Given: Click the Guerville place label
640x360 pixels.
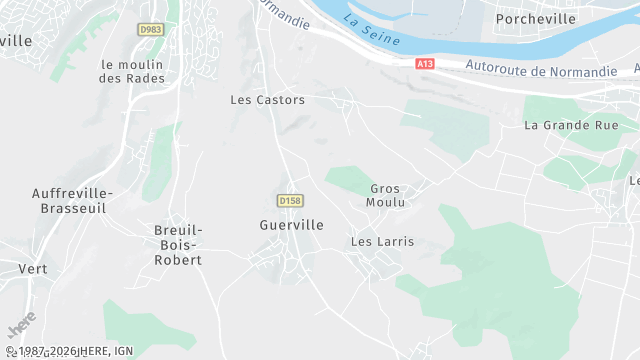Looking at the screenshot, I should click(291, 225).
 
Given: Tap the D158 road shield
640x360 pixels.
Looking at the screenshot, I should click(290, 201).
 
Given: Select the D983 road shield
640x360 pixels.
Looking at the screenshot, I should click(150, 30).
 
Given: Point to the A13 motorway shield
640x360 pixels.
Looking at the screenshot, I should click(425, 64).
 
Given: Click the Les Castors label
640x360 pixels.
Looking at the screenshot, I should click(267, 100).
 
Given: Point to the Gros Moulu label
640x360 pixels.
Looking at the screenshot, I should click(386, 195).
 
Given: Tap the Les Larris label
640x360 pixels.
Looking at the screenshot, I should click(382, 242).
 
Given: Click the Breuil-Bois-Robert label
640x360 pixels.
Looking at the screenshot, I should click(178, 245).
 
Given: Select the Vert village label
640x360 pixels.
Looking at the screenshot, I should click(33, 269).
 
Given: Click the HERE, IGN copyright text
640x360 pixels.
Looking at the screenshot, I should click(69, 351).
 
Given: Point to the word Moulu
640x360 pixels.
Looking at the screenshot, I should click(386, 202).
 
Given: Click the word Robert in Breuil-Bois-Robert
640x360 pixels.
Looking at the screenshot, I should click(178, 260).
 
